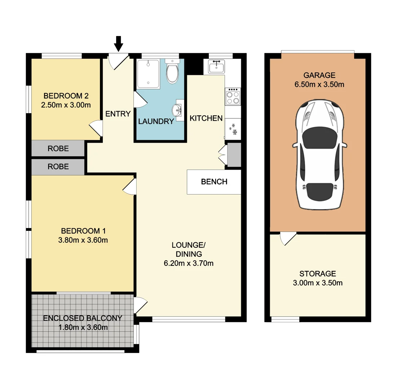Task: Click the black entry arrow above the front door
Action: click(x=118, y=44)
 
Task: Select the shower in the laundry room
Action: click(x=148, y=74)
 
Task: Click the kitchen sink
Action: click(x=216, y=67)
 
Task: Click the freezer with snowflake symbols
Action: click(x=233, y=129)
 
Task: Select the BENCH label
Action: click(x=214, y=182)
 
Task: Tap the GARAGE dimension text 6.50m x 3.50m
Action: click(x=319, y=85)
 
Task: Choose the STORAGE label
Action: click(x=317, y=274)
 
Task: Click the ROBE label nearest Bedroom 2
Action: click(x=58, y=148)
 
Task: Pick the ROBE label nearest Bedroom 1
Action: click(x=58, y=167)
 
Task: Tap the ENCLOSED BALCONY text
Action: click(x=83, y=318)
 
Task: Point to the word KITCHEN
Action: click(x=206, y=118)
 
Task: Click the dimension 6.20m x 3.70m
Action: click(x=188, y=263)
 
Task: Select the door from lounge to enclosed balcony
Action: click(x=140, y=305)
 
